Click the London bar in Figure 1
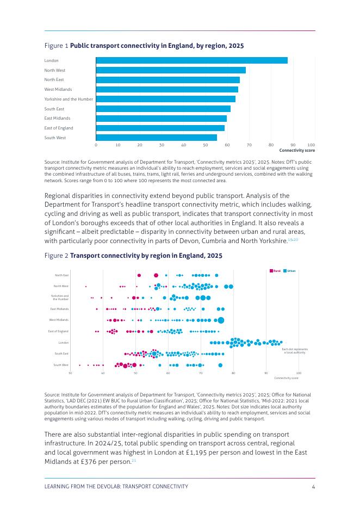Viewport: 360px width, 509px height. click(x=191, y=60)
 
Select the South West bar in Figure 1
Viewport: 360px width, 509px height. click(x=156, y=138)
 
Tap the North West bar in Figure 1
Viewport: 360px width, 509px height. click(x=171, y=70)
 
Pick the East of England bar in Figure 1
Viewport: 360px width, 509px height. click(x=160, y=128)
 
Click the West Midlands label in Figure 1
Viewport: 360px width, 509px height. click(x=58, y=89)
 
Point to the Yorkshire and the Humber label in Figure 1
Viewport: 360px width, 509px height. click(x=69, y=99)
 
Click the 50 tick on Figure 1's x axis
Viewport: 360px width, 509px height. click(x=206, y=145)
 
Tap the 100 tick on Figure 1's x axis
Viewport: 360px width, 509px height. click(x=311, y=145)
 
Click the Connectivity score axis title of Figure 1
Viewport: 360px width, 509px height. click(x=297, y=151)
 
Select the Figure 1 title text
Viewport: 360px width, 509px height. click(x=157, y=46)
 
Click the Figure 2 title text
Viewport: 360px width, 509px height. click(x=146, y=255)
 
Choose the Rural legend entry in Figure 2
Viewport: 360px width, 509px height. click(x=276, y=271)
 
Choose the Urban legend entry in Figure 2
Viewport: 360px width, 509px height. click(x=291, y=271)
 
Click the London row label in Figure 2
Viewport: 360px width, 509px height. click(x=63, y=343)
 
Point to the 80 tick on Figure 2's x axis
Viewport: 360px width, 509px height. click(x=233, y=373)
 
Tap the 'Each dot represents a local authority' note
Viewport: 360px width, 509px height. click(x=295, y=351)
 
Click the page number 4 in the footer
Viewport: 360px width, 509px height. click(x=314, y=486)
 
